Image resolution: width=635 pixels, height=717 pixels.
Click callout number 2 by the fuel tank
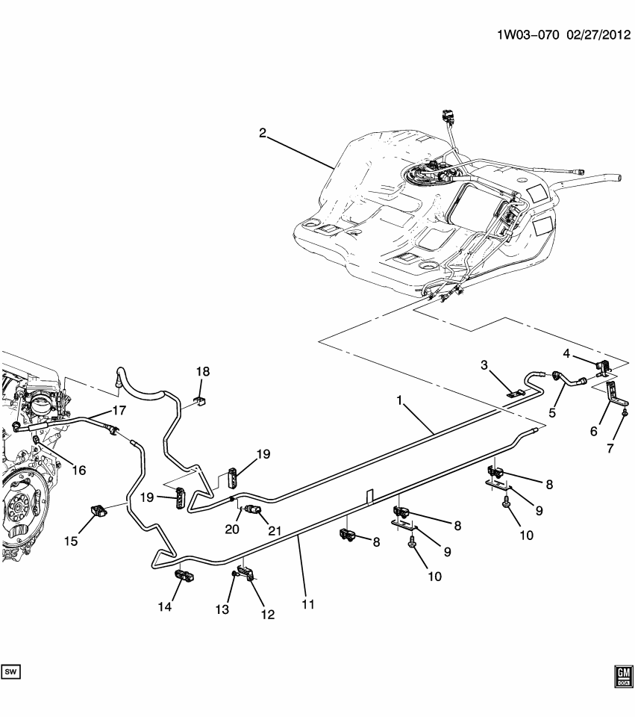click(x=263, y=133)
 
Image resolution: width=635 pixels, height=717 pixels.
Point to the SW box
click(x=11, y=672)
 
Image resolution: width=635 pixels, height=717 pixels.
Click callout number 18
click(x=204, y=371)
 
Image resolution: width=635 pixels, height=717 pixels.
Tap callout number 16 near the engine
click(x=78, y=470)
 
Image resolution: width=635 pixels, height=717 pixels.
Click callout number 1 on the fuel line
click(x=400, y=401)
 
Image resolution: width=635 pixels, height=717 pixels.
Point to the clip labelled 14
click(x=184, y=576)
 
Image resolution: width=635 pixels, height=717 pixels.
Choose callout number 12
click(x=266, y=615)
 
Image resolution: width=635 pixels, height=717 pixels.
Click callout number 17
click(x=119, y=409)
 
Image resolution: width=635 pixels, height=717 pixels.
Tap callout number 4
click(x=566, y=353)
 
